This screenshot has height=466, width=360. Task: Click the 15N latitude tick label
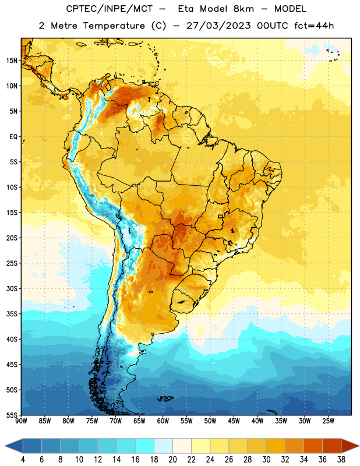[x=12, y=61]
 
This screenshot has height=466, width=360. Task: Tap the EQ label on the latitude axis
[x=13, y=137]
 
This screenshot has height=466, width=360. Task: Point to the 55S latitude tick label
[x=12, y=415]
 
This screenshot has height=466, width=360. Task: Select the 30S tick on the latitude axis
[x=12, y=288]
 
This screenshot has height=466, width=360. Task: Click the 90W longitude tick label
[x=21, y=421]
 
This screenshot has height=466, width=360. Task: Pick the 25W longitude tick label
[x=328, y=421]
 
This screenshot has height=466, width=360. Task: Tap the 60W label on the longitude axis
[x=163, y=421]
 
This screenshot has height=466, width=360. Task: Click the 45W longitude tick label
[x=234, y=421]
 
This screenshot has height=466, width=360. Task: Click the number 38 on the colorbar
[x=341, y=460]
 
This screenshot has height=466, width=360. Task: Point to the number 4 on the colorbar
[x=23, y=460]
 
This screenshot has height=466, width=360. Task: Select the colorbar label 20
[x=172, y=460]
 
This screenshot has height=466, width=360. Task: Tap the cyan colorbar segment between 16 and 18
[x=145, y=446]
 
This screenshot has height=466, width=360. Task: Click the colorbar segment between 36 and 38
[x=332, y=446]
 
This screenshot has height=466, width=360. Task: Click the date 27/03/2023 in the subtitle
[x=219, y=26]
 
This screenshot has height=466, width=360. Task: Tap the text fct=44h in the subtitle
[x=314, y=26]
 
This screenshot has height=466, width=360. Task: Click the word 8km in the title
[x=243, y=9]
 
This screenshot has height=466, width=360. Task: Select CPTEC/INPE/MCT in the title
[x=110, y=9]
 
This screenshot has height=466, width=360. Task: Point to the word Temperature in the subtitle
[x=114, y=26]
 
